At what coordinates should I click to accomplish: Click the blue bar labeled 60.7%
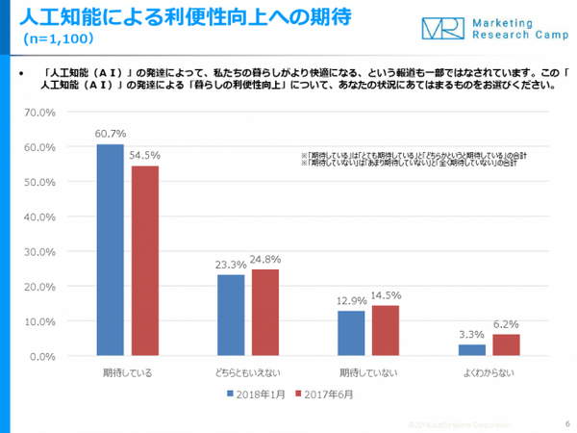pyautogui.click(x=110, y=250)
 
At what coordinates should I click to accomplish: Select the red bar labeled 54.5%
pyautogui.click(x=144, y=261)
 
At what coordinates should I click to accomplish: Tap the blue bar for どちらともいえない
pyautogui.click(x=231, y=316)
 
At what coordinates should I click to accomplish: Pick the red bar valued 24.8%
pyautogui.click(x=265, y=313)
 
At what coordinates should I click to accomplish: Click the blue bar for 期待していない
pyautogui.click(x=351, y=334)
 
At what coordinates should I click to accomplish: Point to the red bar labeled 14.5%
pyautogui.click(x=386, y=331)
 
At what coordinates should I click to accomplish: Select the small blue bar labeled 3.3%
pyautogui.click(x=472, y=350)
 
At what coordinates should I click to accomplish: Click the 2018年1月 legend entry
pyautogui.click(x=259, y=394)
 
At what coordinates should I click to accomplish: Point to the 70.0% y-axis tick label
pyautogui.click(x=40, y=113)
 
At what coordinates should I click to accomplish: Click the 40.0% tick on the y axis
pyautogui.click(x=40, y=216)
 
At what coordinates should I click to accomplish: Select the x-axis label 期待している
pyautogui.click(x=127, y=370)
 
